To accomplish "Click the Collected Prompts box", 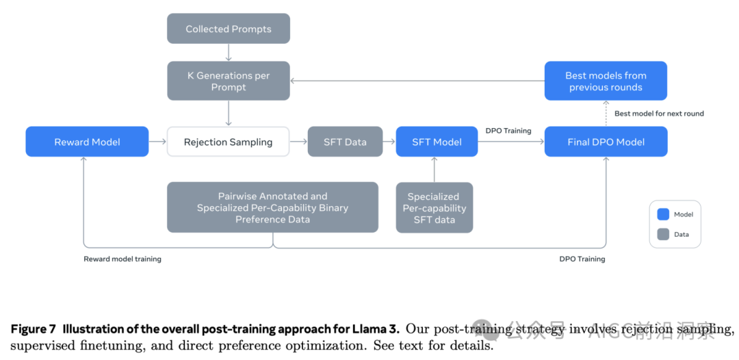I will (229, 29).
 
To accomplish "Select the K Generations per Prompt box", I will (229, 81).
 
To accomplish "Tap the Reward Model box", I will (87, 142).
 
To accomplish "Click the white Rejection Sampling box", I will (229, 142).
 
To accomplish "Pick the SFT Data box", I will (345, 142).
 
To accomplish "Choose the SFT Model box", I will (437, 142).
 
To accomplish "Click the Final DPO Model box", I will (606, 142).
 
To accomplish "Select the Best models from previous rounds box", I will (606, 81).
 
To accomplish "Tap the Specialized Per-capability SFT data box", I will (435, 207).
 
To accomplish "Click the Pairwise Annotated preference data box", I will (272, 207).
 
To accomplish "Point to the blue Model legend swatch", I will (662, 214).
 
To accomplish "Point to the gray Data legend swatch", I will (662, 234).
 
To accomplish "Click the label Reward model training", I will (122, 259).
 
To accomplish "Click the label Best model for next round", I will (659, 113).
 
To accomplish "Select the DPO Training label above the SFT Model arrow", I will (508, 130).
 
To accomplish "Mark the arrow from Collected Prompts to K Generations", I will (229, 52).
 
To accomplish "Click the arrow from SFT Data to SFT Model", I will (389, 142).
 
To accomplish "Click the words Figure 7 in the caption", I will (33, 329).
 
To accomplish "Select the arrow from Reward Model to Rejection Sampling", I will (158, 142).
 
